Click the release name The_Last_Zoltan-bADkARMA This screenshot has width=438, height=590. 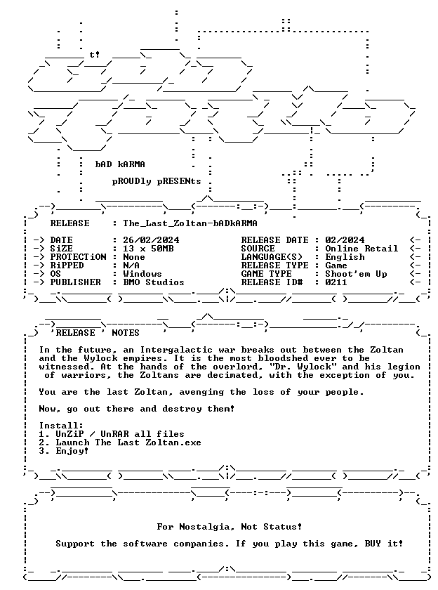[x=190, y=223]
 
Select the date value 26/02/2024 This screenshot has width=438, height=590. [x=151, y=240]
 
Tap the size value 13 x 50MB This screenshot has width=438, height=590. [x=148, y=249]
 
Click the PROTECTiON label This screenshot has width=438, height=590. [x=78, y=257]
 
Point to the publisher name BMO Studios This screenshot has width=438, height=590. [x=154, y=282]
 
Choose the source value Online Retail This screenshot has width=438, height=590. [x=361, y=249]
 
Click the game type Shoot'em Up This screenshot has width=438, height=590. [x=356, y=274]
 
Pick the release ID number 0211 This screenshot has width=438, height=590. [x=336, y=282]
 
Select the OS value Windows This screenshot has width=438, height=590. [x=142, y=274]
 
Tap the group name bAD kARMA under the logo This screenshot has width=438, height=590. [x=120, y=164]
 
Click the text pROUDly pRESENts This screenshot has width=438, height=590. [x=157, y=181]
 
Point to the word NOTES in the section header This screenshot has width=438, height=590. [x=126, y=333]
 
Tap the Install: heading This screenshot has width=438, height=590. [x=61, y=426]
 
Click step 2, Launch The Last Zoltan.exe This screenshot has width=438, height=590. [x=120, y=442]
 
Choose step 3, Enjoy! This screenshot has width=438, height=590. [x=64, y=451]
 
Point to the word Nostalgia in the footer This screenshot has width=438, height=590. [x=204, y=527]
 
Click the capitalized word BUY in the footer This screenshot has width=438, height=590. [x=373, y=544]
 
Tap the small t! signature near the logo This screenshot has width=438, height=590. [x=94, y=55]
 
